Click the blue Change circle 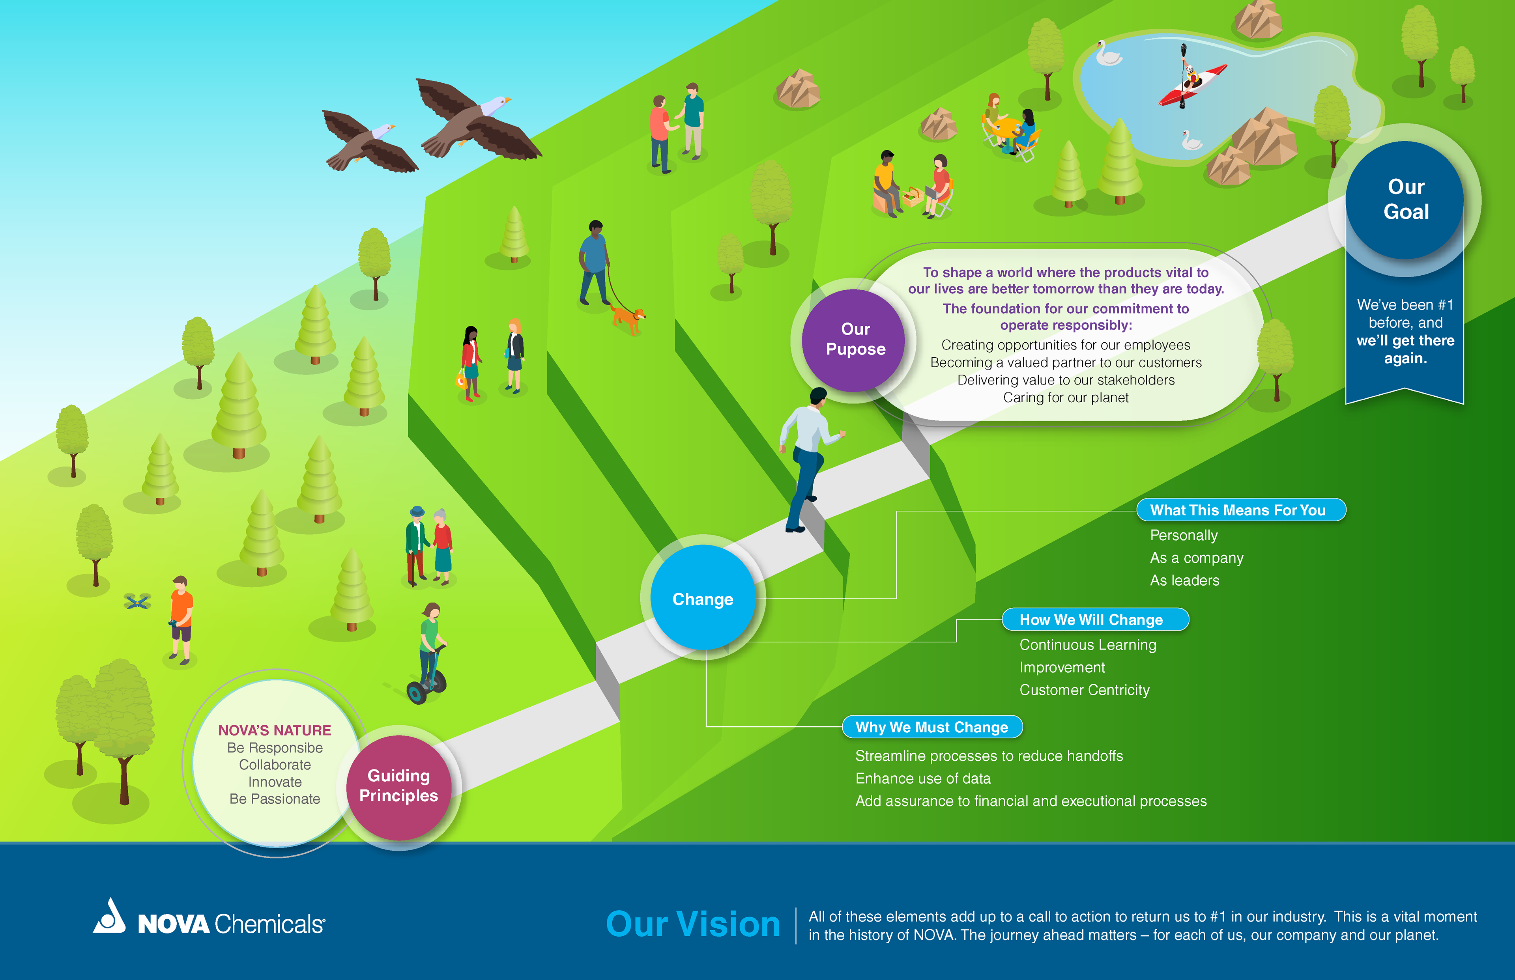point(703,598)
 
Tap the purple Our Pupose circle point(854,340)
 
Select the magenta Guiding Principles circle point(398,786)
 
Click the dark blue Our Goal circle point(1405,199)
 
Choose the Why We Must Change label point(932,727)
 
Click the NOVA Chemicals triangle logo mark point(110,917)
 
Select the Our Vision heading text point(692,924)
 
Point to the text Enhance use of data point(922,778)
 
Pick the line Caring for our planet point(1066,398)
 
